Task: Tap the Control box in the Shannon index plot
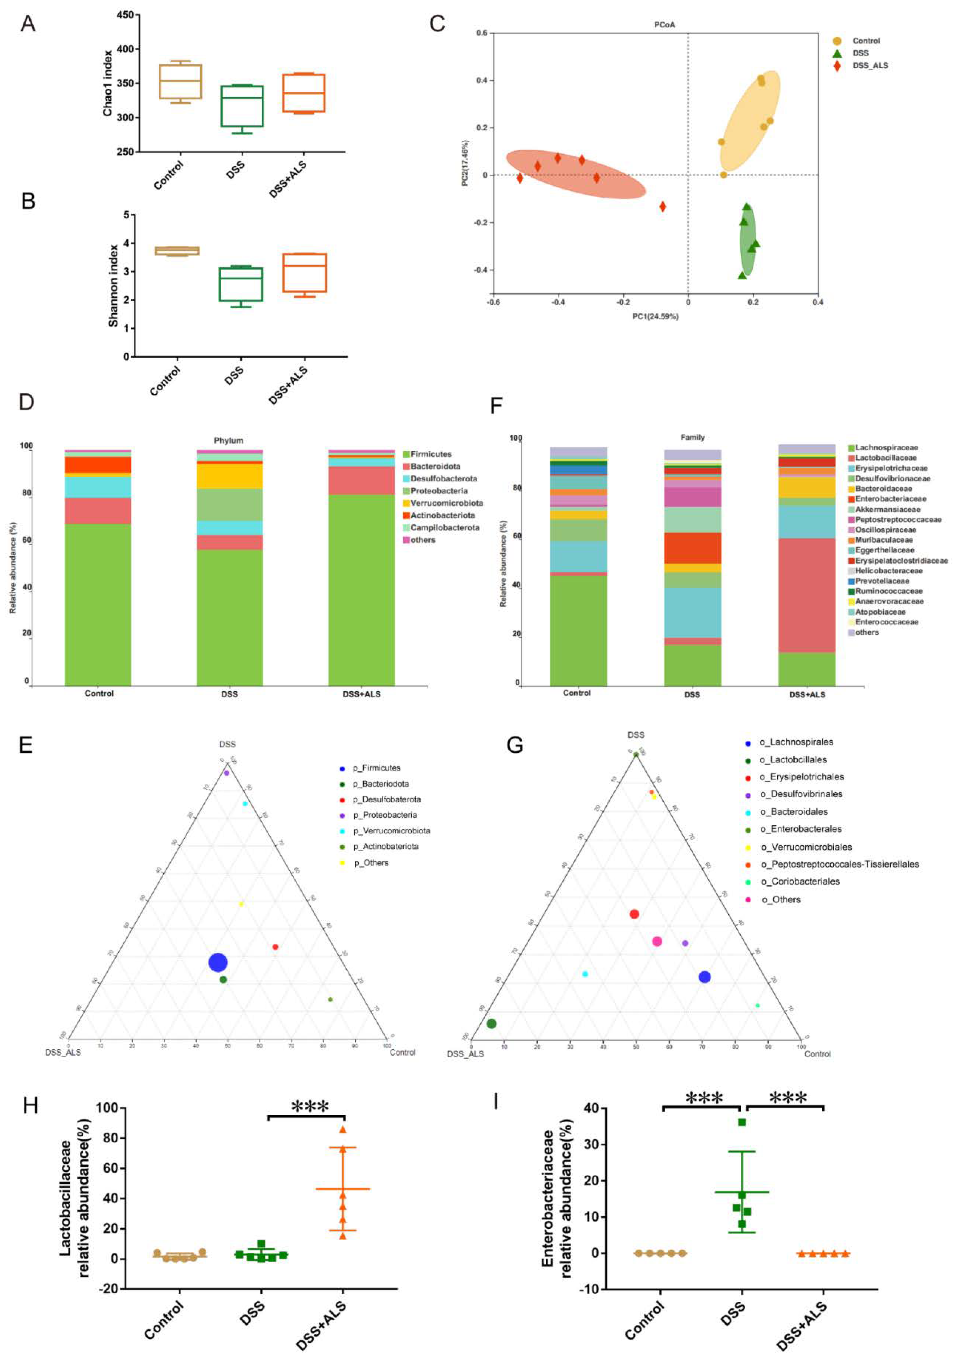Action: [x=177, y=251]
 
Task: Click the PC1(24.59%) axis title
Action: [x=655, y=316]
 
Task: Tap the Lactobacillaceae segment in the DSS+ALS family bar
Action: [x=806, y=595]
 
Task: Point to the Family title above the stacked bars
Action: [x=692, y=437]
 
